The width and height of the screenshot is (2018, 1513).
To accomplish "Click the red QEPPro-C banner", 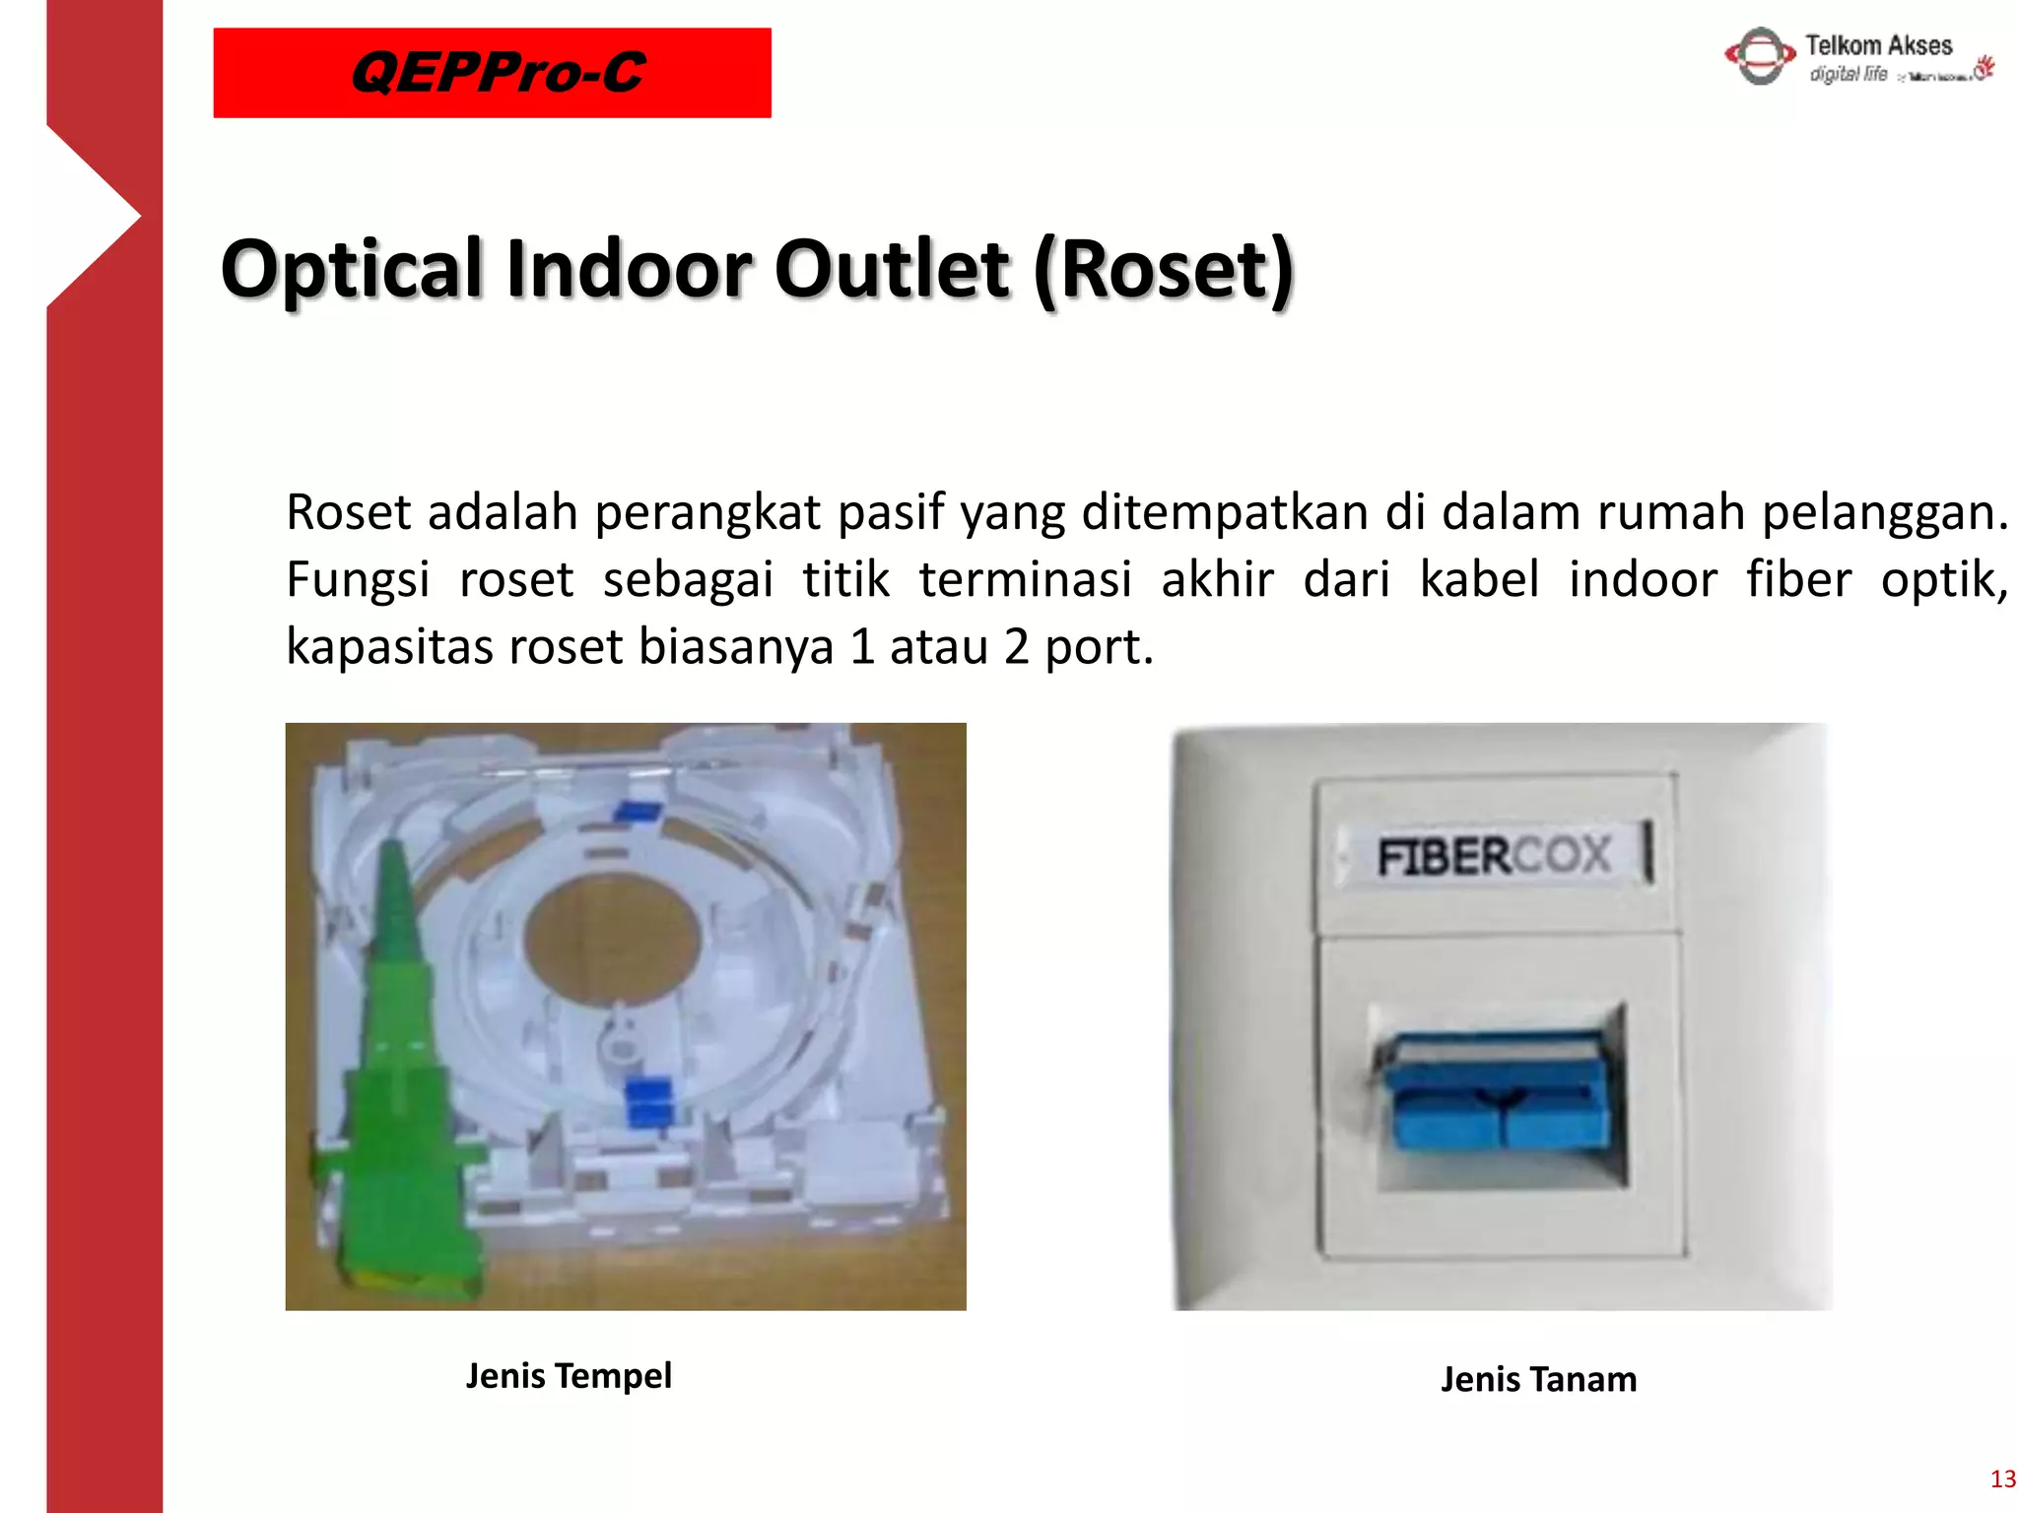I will click(492, 73).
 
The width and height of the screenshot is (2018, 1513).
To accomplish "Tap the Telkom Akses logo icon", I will click(1760, 56).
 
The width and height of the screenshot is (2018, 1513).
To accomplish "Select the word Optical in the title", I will click(351, 269).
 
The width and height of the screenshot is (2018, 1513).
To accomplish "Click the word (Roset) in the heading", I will click(1164, 269).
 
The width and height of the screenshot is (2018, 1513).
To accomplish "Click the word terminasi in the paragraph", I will click(1025, 579).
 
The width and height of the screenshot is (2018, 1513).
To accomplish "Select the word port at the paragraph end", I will click(1098, 648).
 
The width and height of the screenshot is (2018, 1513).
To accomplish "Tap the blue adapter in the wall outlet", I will click(1497, 1093).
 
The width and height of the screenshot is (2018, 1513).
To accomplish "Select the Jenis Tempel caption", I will click(569, 1375).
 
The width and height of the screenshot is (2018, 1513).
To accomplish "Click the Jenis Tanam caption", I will click(1538, 1379).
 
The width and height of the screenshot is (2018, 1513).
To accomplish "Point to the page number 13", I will click(2002, 1480).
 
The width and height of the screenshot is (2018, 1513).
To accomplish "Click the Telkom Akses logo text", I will click(1878, 46).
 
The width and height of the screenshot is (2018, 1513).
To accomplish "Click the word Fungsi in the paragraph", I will click(358, 580).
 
